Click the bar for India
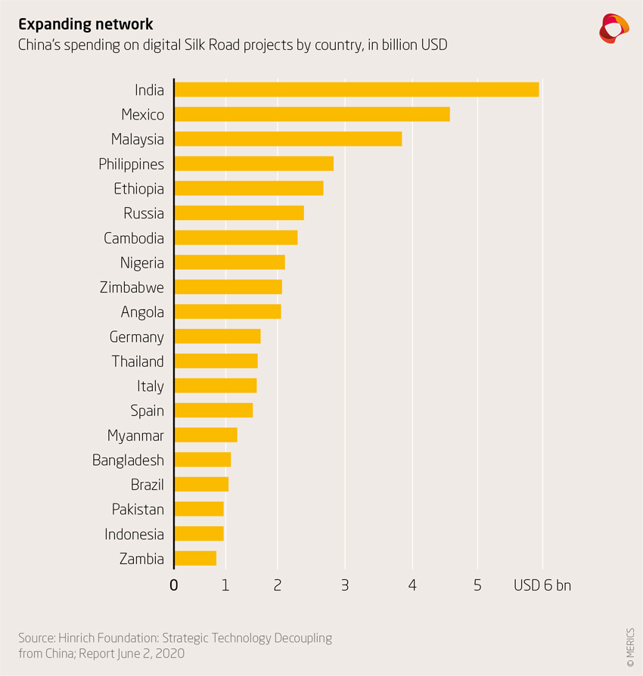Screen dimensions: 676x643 (356, 89)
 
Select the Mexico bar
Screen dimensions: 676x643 (312, 114)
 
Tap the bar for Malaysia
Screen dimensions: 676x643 (287, 139)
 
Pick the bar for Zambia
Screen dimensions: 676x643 (195, 559)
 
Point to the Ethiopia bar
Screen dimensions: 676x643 (248, 188)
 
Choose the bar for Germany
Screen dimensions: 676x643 (217, 336)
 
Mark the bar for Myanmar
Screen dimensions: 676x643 (205, 435)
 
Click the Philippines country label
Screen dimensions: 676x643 (131, 164)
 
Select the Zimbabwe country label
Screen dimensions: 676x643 (132, 287)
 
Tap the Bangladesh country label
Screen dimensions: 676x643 (128, 460)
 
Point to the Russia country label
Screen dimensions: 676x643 (144, 213)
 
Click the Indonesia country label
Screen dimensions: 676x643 (134, 534)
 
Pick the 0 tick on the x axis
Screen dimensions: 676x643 (174, 585)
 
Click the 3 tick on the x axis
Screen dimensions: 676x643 (344, 585)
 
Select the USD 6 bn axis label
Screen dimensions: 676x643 (542, 585)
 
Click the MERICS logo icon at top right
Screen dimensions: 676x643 (613, 28)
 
